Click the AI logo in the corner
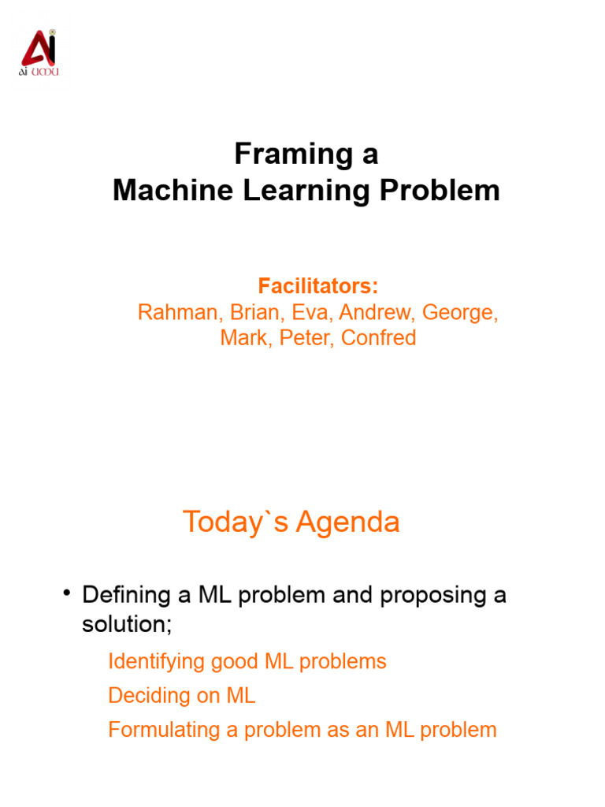[39, 54]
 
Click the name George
[459, 312]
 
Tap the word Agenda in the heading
[354, 522]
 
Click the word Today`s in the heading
[233, 522]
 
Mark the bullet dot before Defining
[68, 593]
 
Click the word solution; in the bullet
[127, 624]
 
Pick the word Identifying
[156, 661]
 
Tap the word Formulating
[164, 730]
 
